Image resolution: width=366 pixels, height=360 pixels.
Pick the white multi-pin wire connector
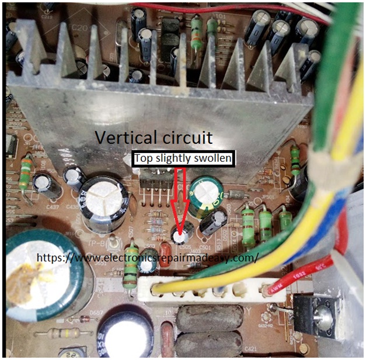(x=210, y=290)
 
